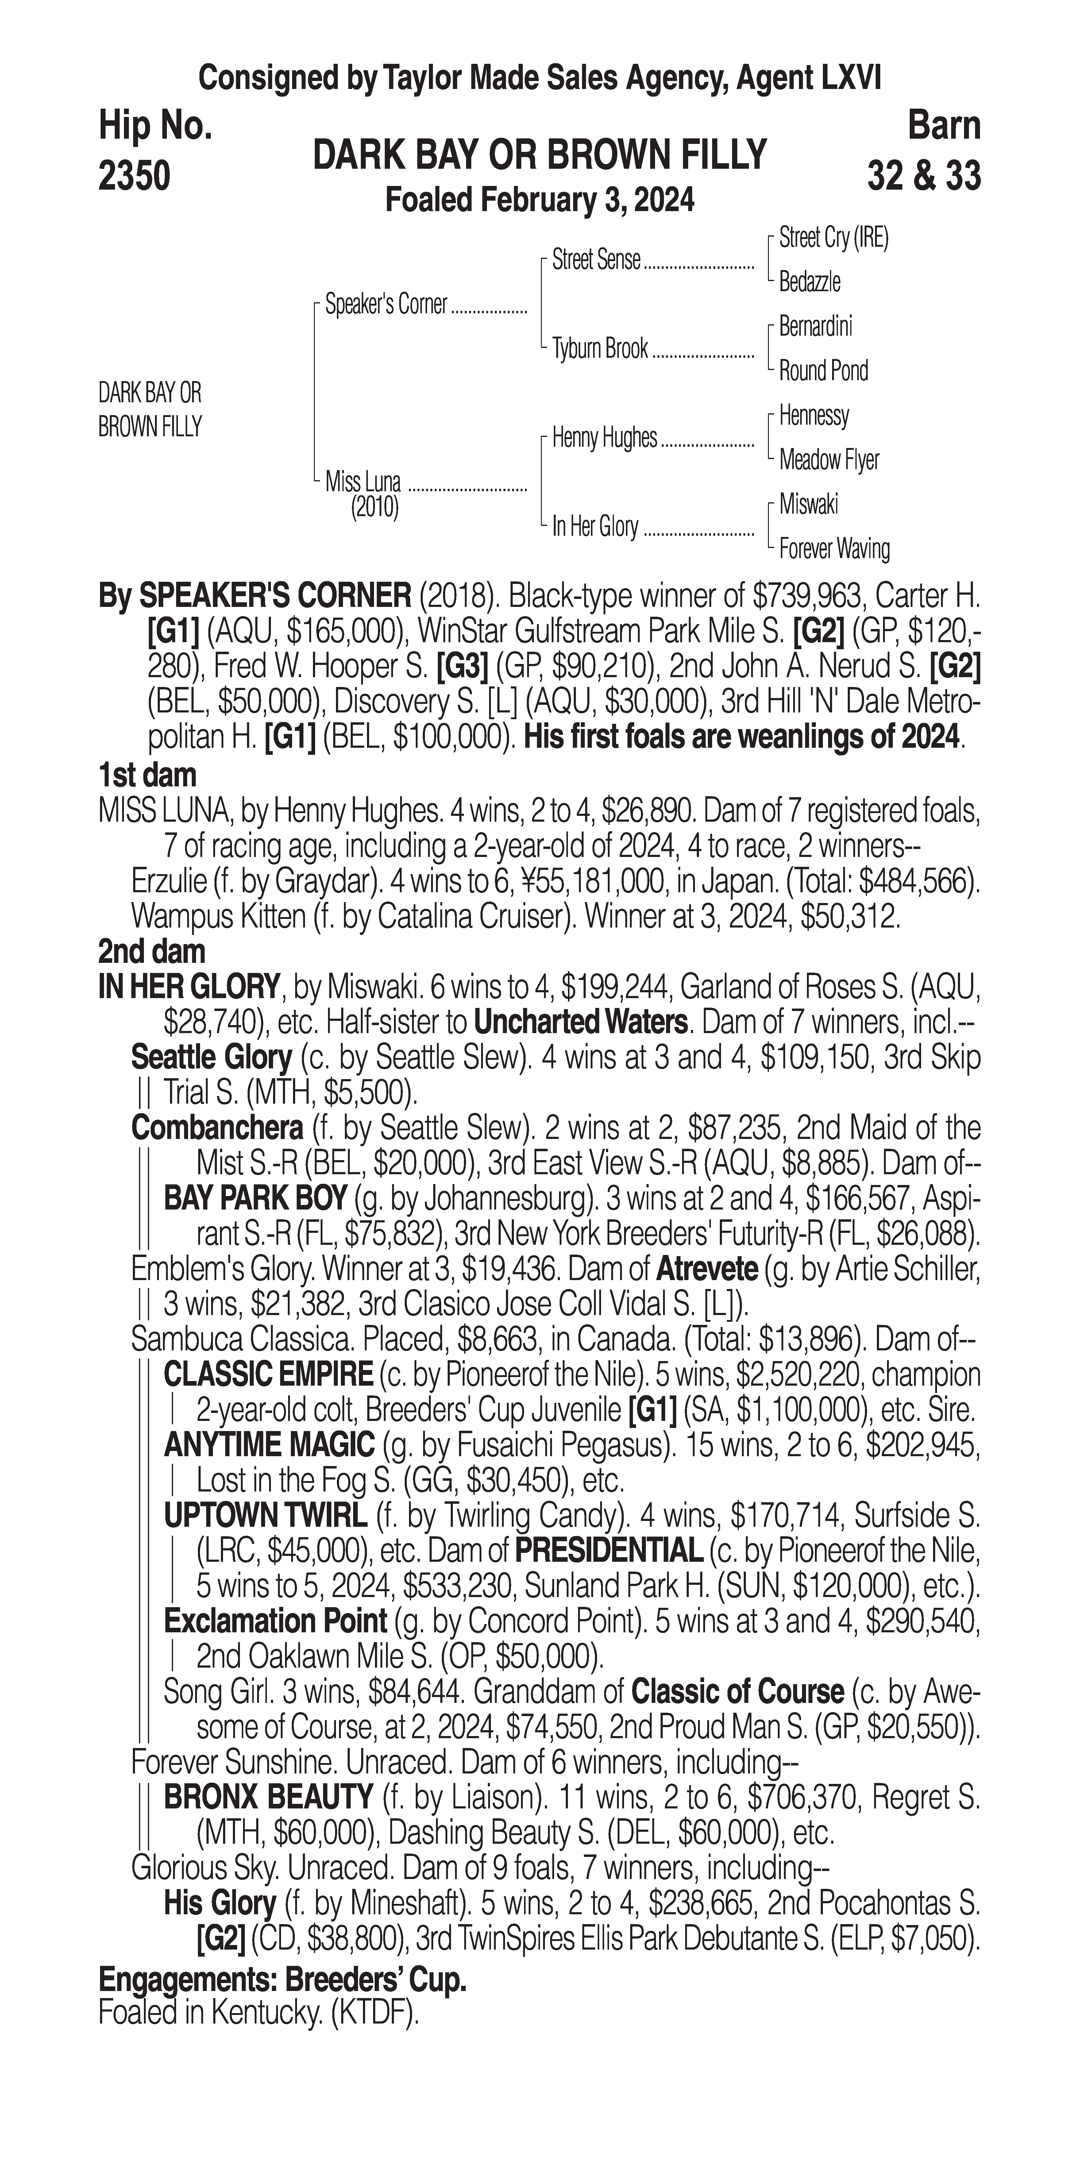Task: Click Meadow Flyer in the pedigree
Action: pos(829,460)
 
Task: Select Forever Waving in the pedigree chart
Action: pos(834,549)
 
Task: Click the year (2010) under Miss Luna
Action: pos(374,507)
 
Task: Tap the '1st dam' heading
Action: pos(147,775)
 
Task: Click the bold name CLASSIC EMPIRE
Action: pos(268,1374)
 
